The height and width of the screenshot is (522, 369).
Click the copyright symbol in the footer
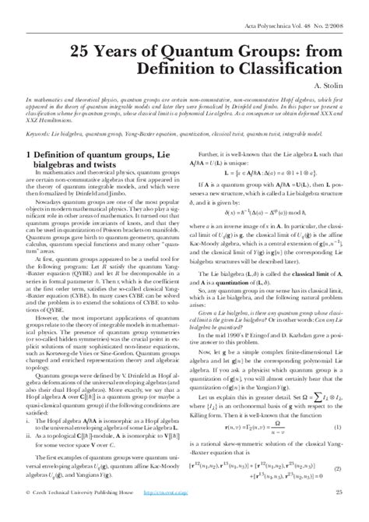pyautogui.click(x=29, y=513)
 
